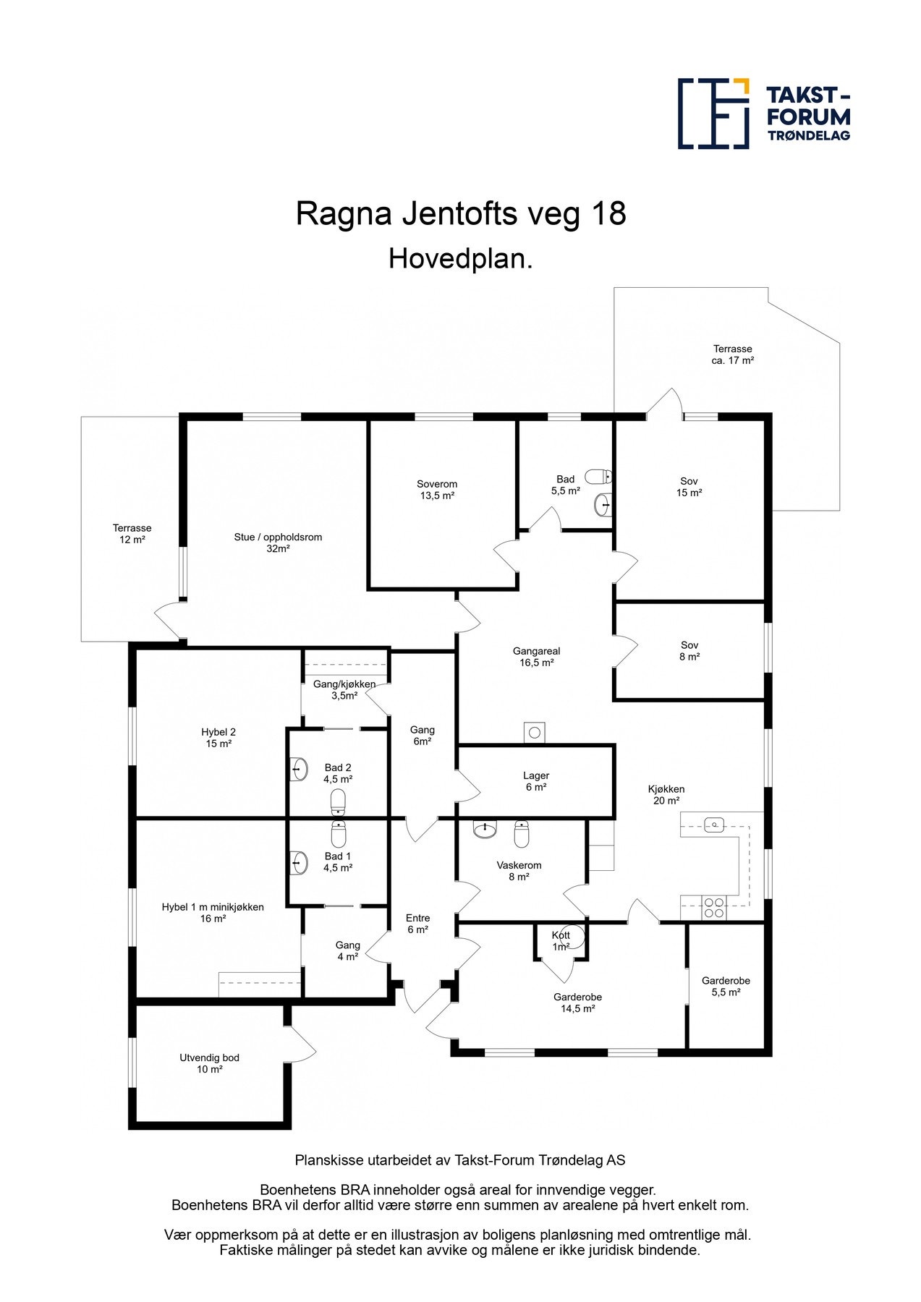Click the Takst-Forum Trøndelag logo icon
[713, 114]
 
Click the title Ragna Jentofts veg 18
[461, 214]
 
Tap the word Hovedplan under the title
[460, 259]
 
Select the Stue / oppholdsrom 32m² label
[278, 542]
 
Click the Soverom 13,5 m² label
[437, 490]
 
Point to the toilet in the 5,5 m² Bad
[598, 477]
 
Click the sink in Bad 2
[300, 768]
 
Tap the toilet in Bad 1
[339, 835]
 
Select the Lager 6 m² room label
[535, 781]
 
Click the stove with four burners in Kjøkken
[714, 907]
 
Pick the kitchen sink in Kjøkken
[714, 824]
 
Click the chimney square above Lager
[535, 733]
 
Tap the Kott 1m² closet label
[561, 940]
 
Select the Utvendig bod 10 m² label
[209, 1063]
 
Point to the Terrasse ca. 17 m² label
[732, 354]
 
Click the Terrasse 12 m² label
[132, 534]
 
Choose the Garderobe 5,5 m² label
[726, 987]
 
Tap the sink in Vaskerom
[485, 829]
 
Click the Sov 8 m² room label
[689, 651]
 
